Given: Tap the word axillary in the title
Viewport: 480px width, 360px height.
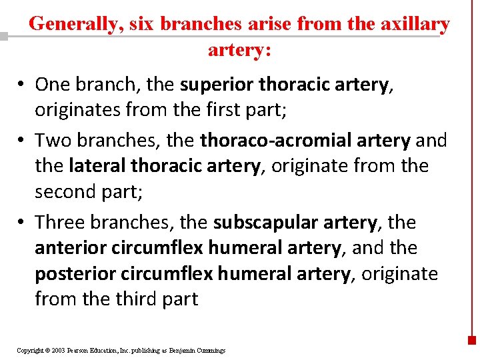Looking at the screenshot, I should coord(417,24).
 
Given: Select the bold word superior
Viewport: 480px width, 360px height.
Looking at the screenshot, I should coord(217,85).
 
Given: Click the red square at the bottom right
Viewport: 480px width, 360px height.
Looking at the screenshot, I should coord(472,339).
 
